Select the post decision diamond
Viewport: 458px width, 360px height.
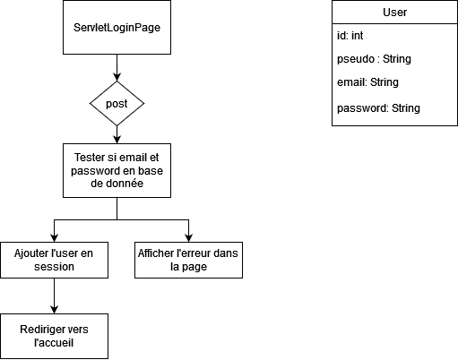point(117,103)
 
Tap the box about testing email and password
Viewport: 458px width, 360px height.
point(117,170)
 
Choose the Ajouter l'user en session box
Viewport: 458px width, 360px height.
point(54,260)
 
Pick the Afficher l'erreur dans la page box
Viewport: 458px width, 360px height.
point(188,260)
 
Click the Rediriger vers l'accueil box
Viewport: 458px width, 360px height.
point(54,336)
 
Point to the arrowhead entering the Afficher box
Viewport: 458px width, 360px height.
point(188,236)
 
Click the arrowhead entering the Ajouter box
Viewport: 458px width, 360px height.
point(54,236)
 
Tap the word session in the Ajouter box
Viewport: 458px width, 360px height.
point(54,267)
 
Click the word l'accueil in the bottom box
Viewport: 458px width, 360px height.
point(54,343)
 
